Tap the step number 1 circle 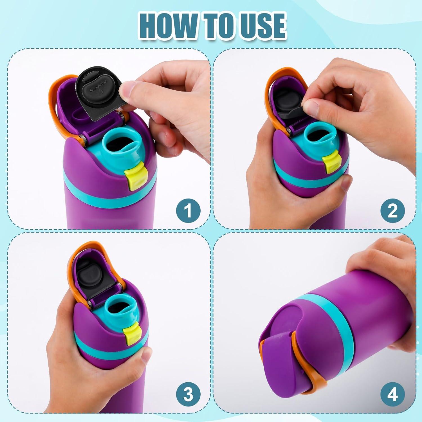point(188,210)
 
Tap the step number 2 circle point(392,210)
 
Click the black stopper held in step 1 point(97,94)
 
